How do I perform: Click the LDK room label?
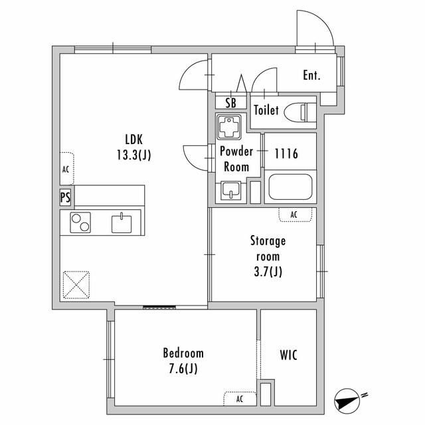pos(134,139)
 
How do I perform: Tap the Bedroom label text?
pos(183,353)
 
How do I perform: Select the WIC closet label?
pos(288,355)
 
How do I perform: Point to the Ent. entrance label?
pos(311,75)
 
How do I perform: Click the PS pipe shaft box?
pos(65,197)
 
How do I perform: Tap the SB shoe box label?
pos(230,103)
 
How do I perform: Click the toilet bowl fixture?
pos(300,111)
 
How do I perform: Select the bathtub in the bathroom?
pos(290,187)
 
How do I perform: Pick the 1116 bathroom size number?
pos(286,153)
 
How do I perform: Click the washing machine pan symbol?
pos(229,127)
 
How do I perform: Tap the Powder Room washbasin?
pos(230,191)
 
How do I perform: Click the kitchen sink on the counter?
pos(122,223)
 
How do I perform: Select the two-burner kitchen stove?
pos(80,222)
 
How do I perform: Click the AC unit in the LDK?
pos(66,169)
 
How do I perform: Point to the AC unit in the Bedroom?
pos(240,399)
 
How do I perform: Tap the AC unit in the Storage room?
pos(295,214)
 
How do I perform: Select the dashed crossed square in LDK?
pos(76,285)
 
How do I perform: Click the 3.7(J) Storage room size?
pos(268,272)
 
